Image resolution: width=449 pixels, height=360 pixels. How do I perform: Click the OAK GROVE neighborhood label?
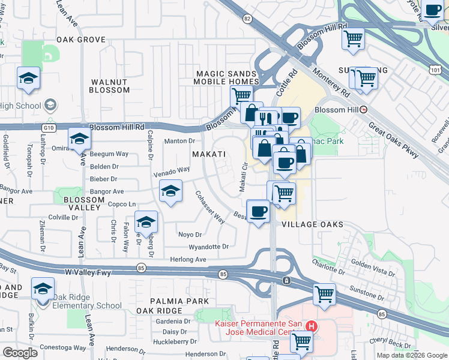click(x=81, y=40)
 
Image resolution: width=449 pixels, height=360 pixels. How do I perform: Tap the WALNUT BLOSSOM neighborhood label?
click(x=109, y=86)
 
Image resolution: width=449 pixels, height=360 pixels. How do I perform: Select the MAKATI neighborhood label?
click(x=209, y=154)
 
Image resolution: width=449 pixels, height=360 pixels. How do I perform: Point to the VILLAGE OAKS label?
click(x=312, y=224)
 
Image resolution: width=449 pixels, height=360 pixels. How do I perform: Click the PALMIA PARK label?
click(x=180, y=301)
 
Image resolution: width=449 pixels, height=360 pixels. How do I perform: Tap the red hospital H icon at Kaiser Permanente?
click(x=311, y=326)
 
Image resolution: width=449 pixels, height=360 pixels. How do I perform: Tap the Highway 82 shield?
click(x=247, y=19)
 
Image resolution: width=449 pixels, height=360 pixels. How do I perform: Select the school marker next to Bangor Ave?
click(x=171, y=192)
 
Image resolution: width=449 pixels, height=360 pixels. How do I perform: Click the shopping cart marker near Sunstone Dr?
click(x=324, y=294)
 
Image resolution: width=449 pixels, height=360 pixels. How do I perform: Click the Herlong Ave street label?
click(x=188, y=260)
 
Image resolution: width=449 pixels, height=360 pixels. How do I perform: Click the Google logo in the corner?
click(x=20, y=353)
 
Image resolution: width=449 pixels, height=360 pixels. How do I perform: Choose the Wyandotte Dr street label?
click(x=209, y=247)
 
